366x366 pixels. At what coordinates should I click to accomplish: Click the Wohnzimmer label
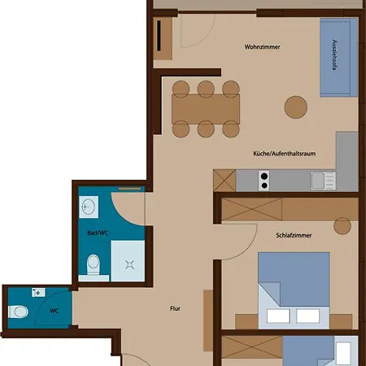(262, 47)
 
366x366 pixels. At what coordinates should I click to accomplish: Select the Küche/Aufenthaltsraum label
(281, 153)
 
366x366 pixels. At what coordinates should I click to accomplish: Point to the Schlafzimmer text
(294, 236)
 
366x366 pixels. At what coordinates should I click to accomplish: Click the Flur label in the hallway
(175, 308)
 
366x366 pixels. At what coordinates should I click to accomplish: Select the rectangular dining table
(206, 107)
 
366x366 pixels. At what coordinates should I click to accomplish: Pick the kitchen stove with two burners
(264, 179)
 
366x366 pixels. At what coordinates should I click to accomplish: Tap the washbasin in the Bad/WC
(90, 207)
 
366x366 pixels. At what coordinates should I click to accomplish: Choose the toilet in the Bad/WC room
(92, 264)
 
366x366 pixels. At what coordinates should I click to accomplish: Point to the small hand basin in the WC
(36, 291)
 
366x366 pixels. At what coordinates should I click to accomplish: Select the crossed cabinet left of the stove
(224, 179)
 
